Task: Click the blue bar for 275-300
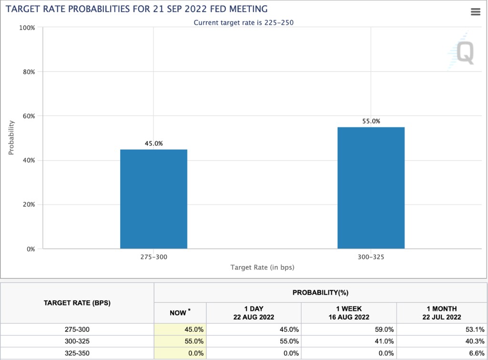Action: click(153, 199)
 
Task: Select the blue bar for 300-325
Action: click(371, 188)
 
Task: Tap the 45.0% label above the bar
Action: click(153, 144)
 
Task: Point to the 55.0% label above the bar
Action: click(371, 121)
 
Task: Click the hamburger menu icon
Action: click(475, 12)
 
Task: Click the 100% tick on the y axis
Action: click(27, 28)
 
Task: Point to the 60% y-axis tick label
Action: click(29, 116)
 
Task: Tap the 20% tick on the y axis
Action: click(29, 205)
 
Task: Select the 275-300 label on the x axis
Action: click(153, 257)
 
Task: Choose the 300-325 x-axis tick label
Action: click(371, 257)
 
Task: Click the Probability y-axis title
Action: click(11, 137)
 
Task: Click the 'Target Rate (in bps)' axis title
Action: click(262, 267)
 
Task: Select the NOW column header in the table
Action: click(180, 312)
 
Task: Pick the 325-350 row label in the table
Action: click(77, 353)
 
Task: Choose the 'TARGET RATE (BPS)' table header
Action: click(77, 303)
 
